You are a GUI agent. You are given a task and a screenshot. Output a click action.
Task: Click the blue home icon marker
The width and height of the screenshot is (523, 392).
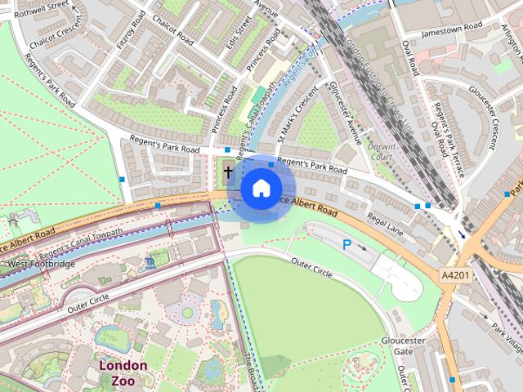260,188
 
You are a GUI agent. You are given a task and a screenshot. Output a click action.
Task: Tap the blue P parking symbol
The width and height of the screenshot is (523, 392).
347,243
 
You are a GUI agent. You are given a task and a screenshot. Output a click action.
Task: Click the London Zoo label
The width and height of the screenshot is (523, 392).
123,372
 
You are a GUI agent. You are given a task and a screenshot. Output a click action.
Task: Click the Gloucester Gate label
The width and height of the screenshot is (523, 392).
403,345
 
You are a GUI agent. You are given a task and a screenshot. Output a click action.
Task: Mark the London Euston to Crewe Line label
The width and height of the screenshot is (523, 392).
377,82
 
